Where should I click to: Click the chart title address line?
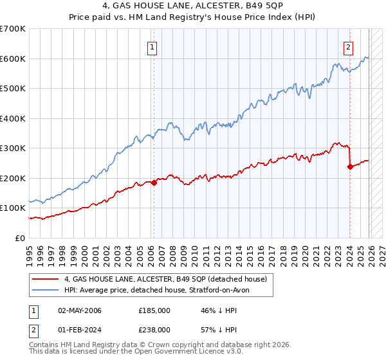pos(192,8)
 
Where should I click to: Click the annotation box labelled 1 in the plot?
pos(152,46)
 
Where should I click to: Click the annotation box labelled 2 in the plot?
pos(348,46)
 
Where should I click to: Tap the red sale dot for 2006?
pos(154,183)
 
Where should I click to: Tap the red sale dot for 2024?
pos(350,166)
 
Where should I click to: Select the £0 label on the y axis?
pos(19,238)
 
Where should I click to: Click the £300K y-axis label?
pos(14,148)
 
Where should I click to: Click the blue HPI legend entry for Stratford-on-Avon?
pos(161,291)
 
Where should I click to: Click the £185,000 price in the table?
pos(154,310)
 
